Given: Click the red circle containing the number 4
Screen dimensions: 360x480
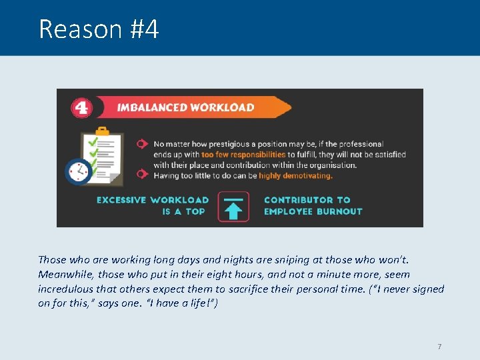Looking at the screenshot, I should pos(82,107).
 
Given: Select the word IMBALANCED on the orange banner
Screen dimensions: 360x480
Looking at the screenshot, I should pos(150,107).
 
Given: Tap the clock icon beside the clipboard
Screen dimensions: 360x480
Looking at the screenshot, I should pos(78,171).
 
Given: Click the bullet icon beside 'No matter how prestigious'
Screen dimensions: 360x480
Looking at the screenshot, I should pos(141,143).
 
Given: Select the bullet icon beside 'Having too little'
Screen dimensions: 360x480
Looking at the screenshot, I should pos(141,175).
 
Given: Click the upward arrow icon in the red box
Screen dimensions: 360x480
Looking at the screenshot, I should pos(233,211).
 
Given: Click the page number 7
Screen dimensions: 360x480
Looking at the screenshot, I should pos(439,347).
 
